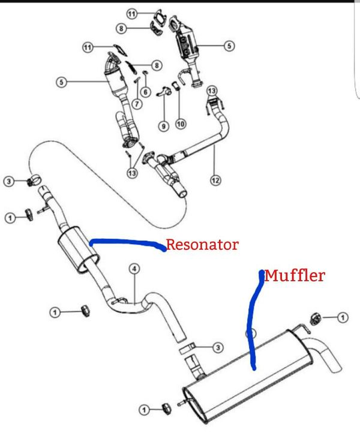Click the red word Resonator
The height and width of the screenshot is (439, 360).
point(202,245)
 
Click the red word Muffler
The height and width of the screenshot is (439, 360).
point(295,276)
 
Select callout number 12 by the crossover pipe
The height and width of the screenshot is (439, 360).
point(215,179)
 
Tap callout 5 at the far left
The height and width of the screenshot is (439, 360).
point(61,83)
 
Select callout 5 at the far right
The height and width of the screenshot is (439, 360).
point(228,44)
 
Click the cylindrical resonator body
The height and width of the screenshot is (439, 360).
point(77,250)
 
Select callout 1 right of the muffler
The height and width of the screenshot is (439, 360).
point(342,317)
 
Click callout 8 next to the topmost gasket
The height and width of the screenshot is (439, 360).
point(121,28)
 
